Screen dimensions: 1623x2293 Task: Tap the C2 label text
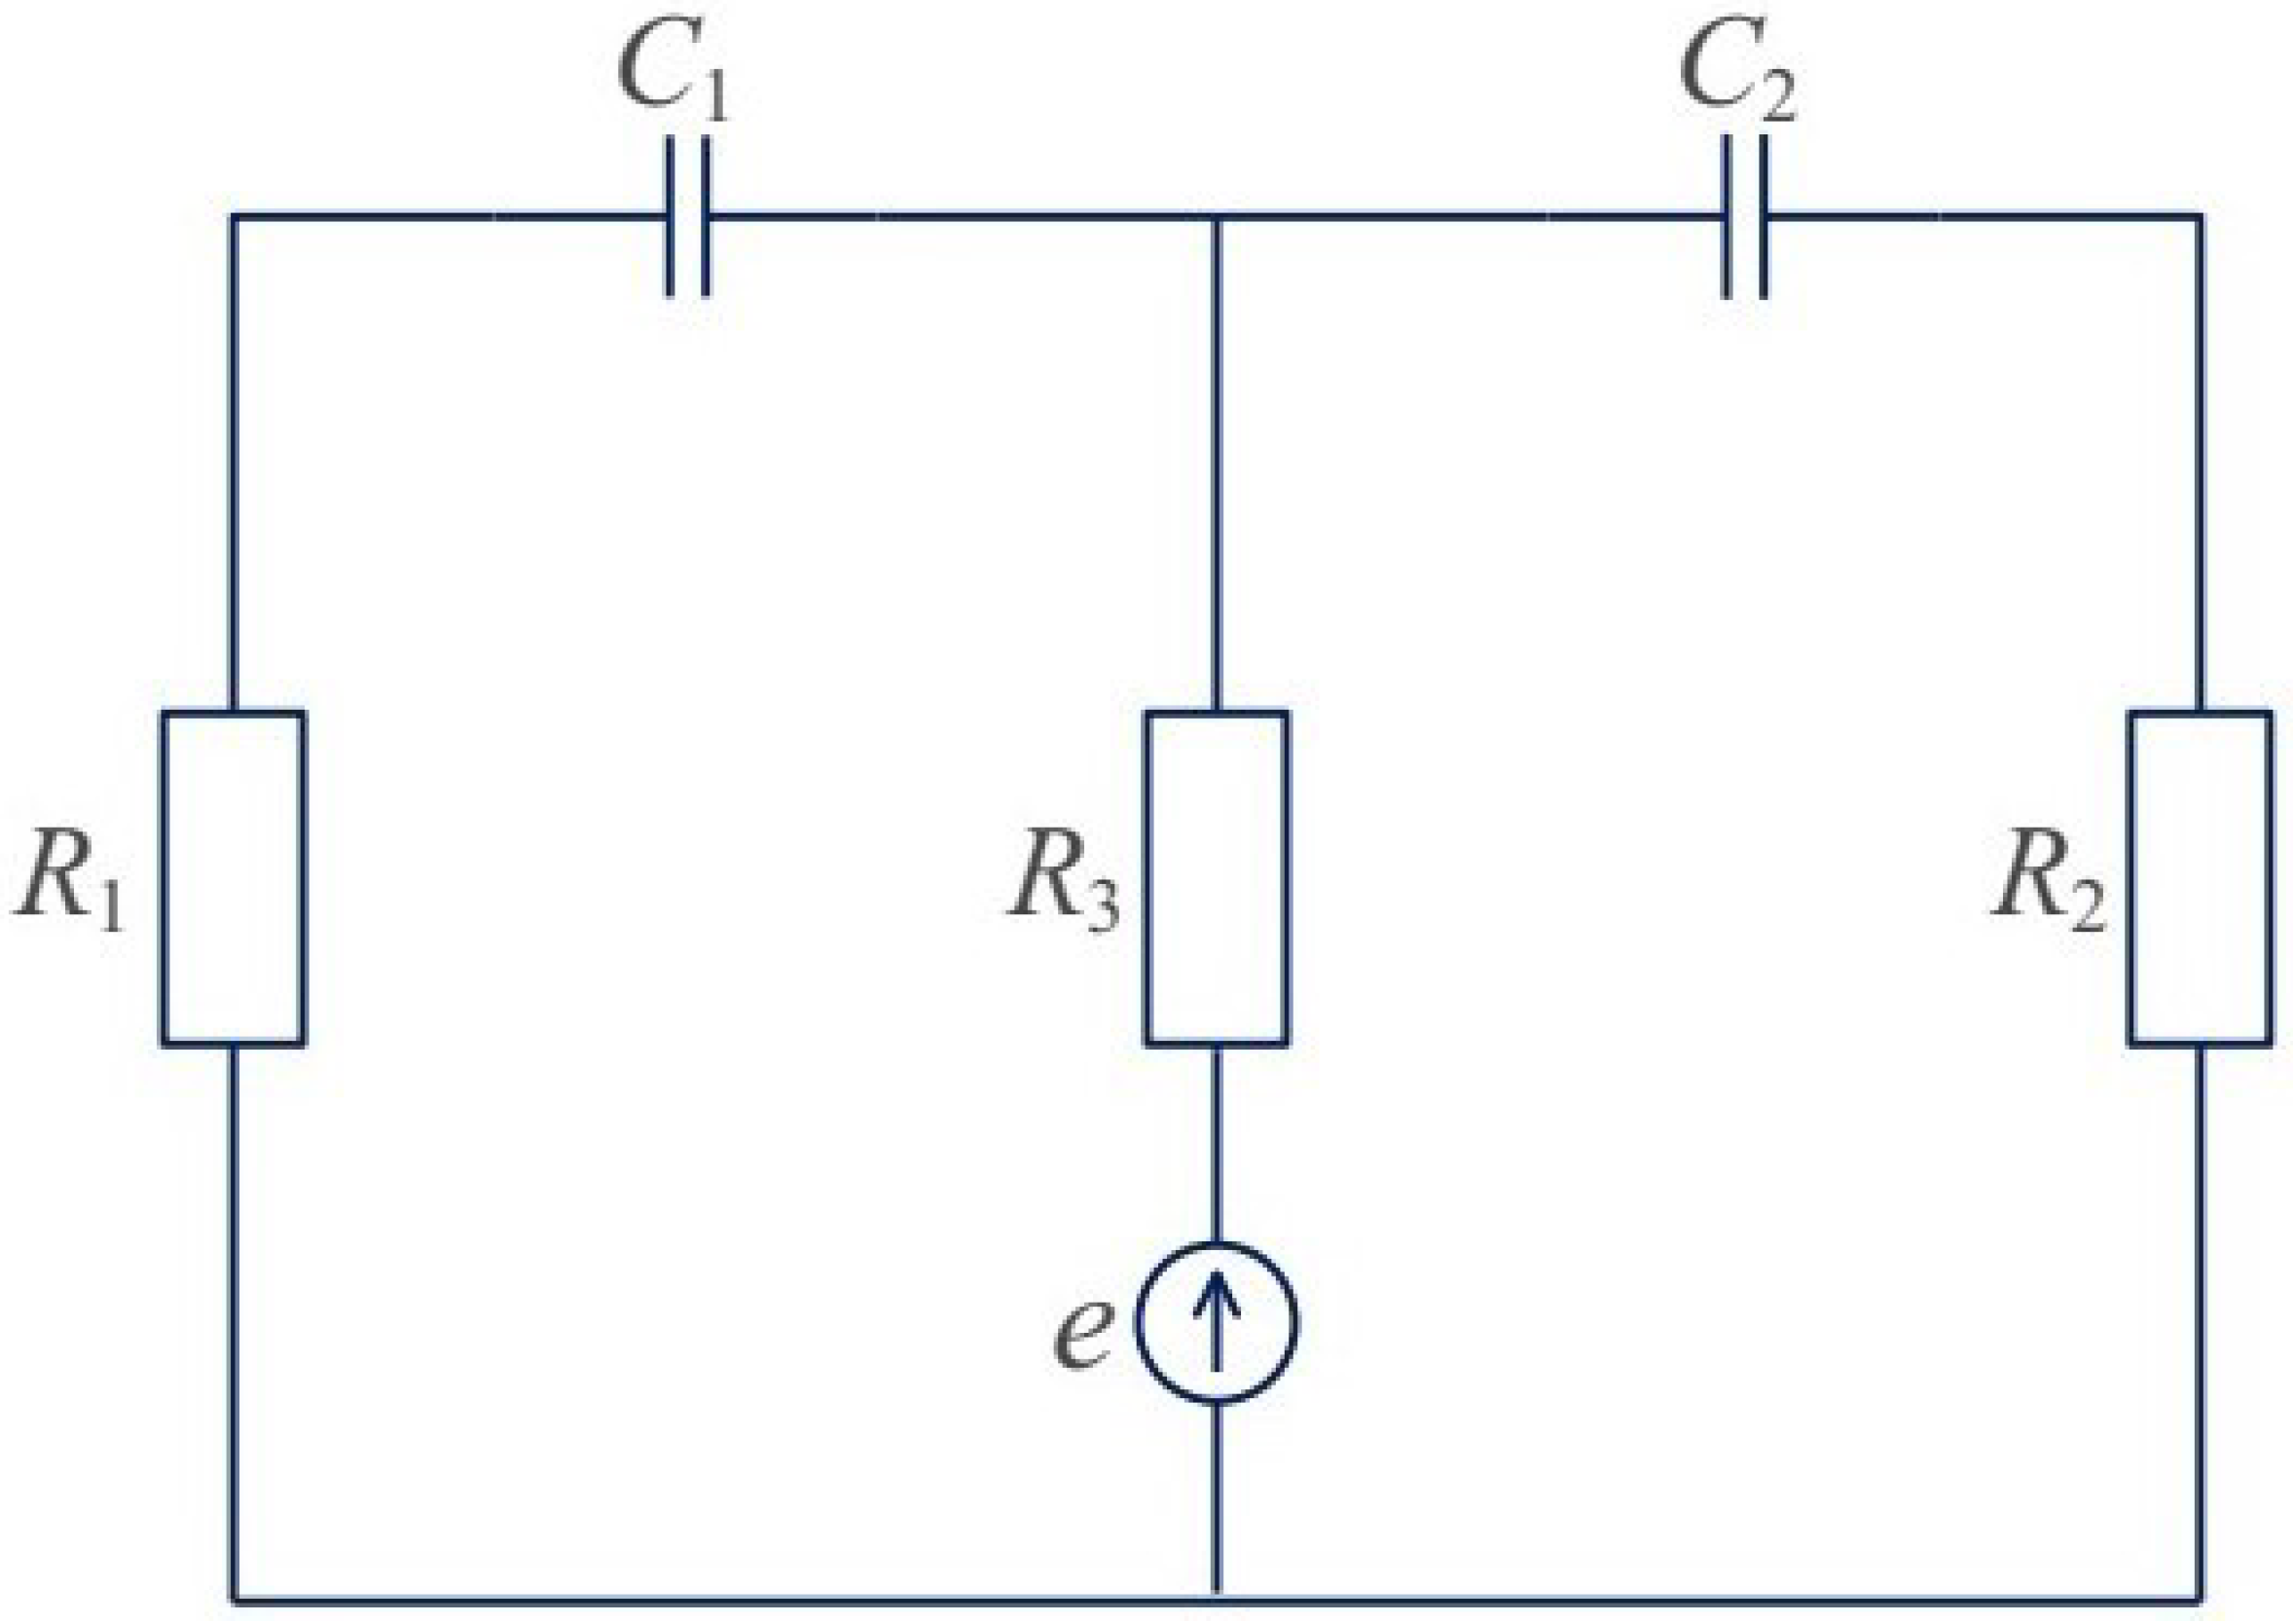1736,72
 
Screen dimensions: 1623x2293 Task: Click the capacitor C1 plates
687,216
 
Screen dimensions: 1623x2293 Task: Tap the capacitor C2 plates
1744,216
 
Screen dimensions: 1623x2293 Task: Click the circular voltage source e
1216,1321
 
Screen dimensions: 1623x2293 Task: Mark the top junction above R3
1216,216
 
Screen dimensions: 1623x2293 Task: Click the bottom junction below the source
1216,1597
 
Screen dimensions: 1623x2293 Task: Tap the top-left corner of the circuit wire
234,216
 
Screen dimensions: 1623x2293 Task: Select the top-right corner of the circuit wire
2201,216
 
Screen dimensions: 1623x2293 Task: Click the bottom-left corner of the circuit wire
234,1597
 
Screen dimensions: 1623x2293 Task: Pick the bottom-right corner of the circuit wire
2201,1597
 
